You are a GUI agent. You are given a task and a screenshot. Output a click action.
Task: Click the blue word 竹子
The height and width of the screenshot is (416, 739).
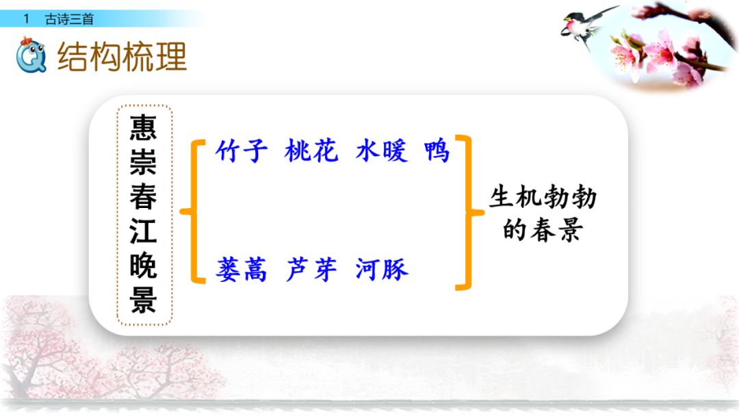click(x=242, y=151)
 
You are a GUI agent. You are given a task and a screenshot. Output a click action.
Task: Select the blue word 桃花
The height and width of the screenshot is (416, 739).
click(x=311, y=151)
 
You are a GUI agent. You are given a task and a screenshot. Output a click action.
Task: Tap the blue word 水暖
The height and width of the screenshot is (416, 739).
click(x=381, y=151)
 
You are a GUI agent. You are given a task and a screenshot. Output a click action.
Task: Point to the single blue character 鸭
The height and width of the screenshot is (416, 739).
click(x=437, y=151)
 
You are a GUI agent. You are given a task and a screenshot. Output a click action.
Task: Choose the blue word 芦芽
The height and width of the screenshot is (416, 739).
click(x=312, y=270)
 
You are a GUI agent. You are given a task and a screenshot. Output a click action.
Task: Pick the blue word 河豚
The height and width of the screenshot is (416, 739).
click(x=382, y=270)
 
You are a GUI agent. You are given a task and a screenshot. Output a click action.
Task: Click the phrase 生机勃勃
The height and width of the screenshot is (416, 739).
click(x=543, y=198)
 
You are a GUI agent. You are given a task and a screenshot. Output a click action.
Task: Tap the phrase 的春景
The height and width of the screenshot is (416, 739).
click(x=542, y=231)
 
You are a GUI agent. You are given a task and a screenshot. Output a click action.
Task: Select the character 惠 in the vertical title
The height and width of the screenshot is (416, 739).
click(x=144, y=128)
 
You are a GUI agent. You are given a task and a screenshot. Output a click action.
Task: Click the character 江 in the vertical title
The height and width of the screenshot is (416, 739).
click(x=144, y=232)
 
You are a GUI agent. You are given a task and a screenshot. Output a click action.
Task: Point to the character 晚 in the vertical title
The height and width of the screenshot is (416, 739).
click(x=144, y=266)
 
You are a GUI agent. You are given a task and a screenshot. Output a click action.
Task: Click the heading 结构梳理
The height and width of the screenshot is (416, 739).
click(x=122, y=56)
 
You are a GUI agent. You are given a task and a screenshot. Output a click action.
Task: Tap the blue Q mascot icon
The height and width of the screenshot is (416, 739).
click(x=31, y=55)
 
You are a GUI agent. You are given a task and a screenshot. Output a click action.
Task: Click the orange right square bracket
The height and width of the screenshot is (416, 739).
click(x=467, y=212)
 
